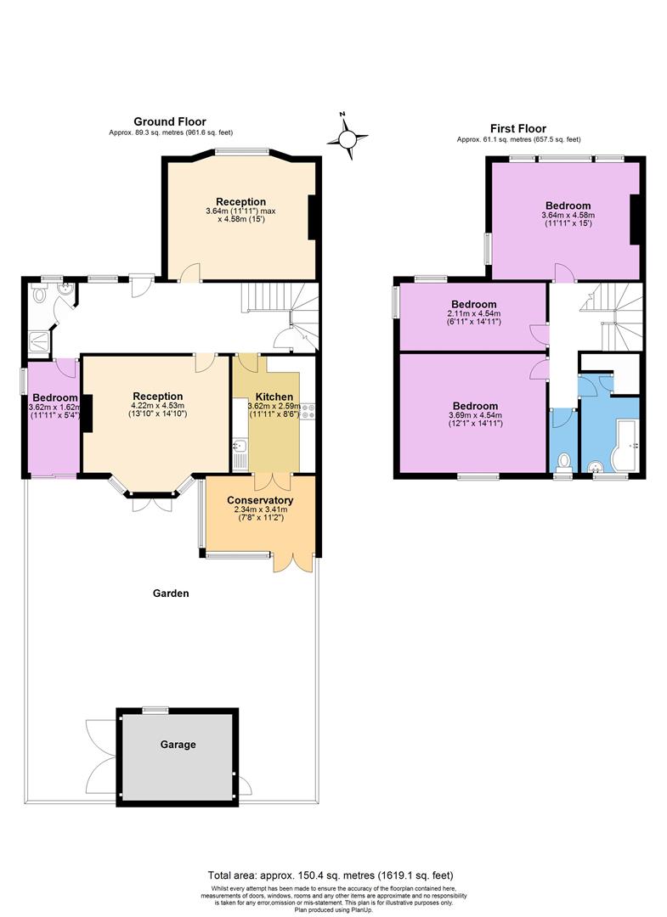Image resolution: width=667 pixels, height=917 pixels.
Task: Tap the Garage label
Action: pyautogui.click(x=178, y=745)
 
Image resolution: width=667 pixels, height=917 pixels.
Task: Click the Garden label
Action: pyautogui.click(x=171, y=594)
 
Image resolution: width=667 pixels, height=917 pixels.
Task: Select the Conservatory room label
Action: pyautogui.click(x=260, y=500)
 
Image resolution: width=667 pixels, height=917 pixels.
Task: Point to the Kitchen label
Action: pyautogui.click(x=275, y=397)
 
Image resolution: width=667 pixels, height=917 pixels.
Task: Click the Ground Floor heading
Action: pyautogui.click(x=170, y=121)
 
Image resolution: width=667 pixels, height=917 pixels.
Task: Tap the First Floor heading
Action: pyautogui.click(x=518, y=128)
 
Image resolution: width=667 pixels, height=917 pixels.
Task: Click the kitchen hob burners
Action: pyautogui.click(x=308, y=412)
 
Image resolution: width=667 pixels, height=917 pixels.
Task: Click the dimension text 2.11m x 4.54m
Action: pyautogui.click(x=474, y=314)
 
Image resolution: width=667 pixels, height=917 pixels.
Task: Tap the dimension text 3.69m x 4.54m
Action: pyautogui.click(x=474, y=415)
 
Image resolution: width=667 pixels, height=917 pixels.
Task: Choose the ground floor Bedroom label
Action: pyautogui.click(x=54, y=397)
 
